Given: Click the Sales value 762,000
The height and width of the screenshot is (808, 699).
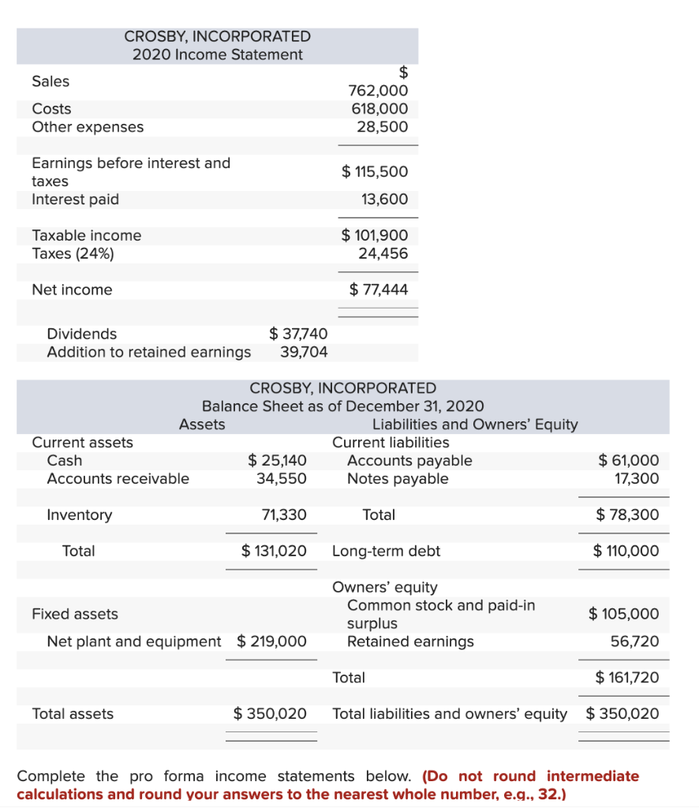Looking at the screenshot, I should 378,91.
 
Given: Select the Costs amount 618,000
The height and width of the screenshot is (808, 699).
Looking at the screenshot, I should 379,109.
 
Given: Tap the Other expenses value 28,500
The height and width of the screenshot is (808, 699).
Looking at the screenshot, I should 383,127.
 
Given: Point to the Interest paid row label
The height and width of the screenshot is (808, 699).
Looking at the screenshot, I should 75,200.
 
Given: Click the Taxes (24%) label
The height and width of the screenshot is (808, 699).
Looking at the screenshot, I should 73,253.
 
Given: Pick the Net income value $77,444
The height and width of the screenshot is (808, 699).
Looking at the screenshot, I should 379,290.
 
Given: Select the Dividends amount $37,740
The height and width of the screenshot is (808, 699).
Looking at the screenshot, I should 298,334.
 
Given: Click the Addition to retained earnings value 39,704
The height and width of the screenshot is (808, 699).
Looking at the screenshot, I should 304,352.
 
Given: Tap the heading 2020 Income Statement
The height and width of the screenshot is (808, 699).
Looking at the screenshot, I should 217,54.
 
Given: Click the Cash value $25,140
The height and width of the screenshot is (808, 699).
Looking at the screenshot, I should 277,461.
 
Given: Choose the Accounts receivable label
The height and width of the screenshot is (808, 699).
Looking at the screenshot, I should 118,479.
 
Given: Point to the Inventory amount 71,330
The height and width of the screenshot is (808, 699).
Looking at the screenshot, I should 283,515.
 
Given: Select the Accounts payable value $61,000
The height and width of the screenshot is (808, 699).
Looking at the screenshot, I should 628,461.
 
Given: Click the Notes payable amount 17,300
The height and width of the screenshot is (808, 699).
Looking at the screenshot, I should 635,479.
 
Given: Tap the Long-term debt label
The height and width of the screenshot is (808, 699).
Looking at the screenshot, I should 386,551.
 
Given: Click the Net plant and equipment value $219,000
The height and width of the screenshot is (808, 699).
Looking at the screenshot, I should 271,642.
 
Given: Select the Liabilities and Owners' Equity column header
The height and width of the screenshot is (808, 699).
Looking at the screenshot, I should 475,425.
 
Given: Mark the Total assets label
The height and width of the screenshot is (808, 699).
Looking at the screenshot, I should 73,714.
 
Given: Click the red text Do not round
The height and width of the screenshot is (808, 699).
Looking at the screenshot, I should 483,776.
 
